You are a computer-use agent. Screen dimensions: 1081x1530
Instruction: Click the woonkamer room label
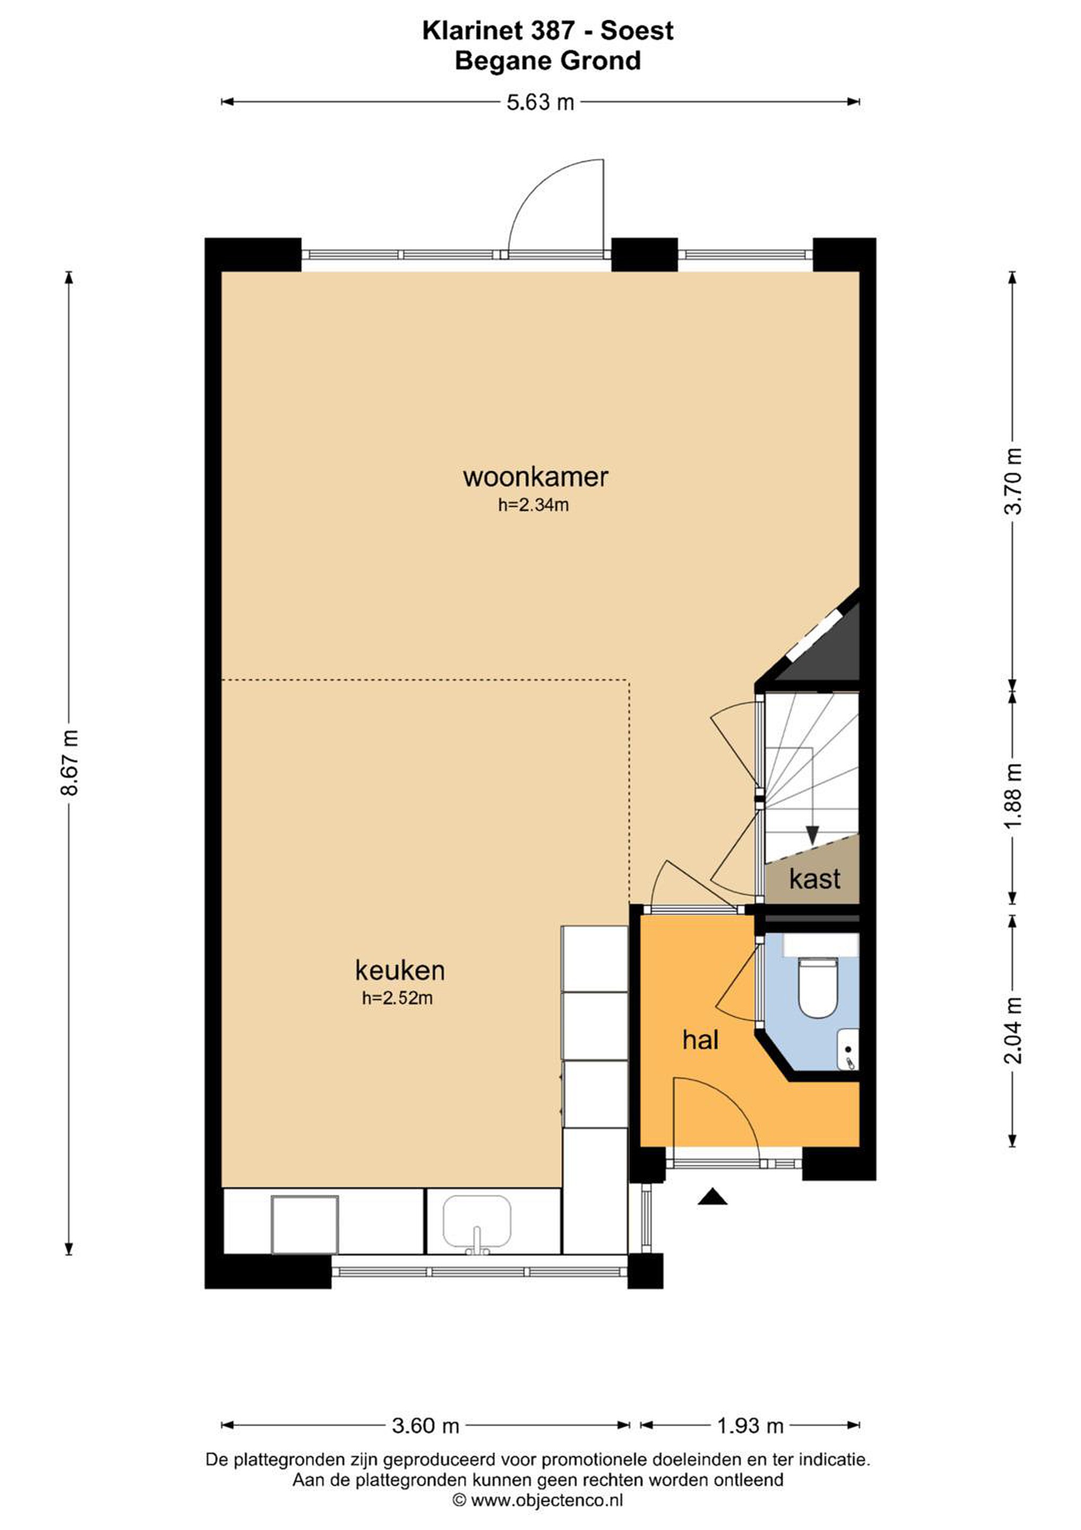point(536,477)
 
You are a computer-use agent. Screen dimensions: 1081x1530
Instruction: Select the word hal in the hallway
point(701,1040)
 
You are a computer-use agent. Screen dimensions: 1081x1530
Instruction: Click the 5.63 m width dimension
point(540,102)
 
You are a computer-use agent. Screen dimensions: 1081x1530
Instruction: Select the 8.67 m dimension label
point(69,762)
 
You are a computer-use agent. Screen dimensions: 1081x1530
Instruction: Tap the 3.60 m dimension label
point(426,1425)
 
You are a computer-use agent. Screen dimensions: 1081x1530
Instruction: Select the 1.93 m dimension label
point(750,1425)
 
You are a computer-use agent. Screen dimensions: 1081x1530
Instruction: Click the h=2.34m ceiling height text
point(534,505)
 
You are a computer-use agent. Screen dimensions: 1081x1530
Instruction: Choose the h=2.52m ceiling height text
point(398,998)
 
